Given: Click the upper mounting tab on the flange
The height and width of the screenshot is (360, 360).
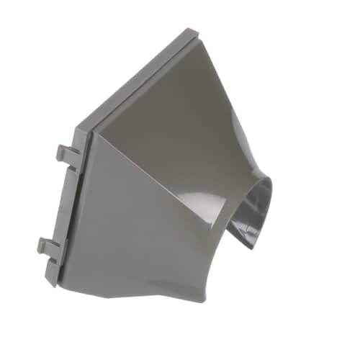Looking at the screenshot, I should point(67,156).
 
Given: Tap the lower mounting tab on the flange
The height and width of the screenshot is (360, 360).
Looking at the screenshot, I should point(49,248).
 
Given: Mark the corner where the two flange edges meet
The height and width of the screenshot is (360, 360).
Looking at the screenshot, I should point(88,127).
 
